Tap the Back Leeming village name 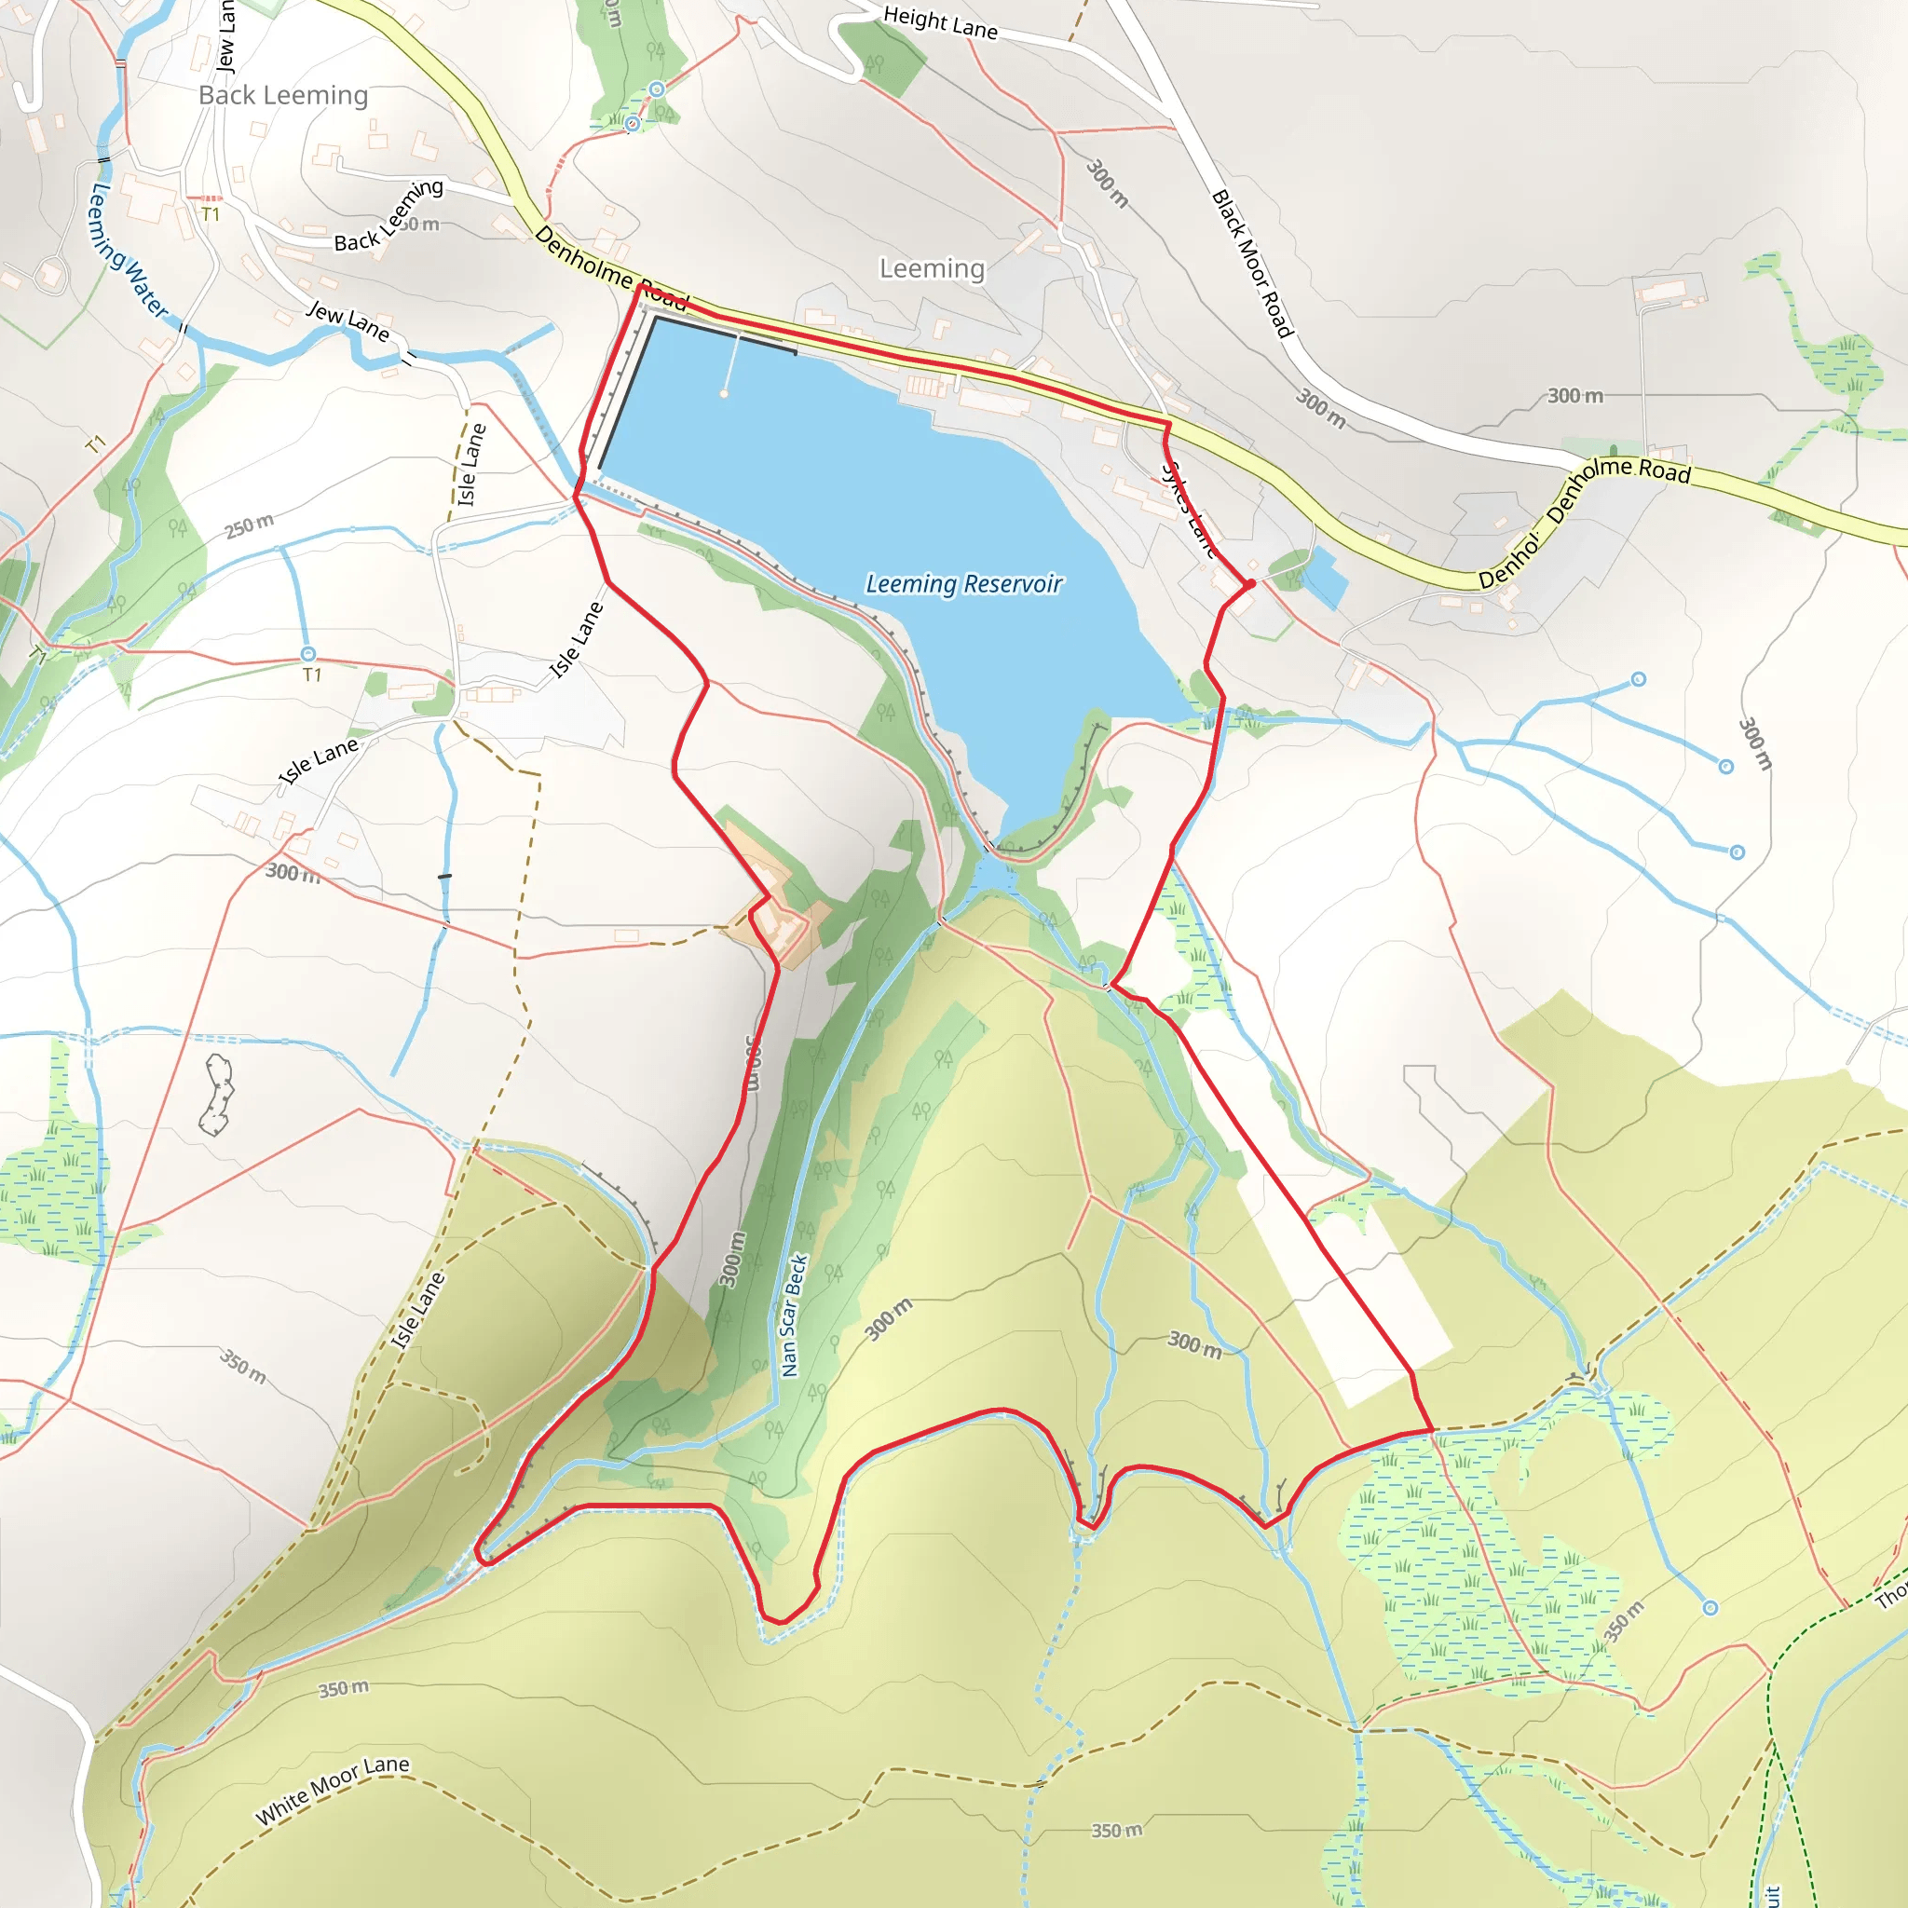(283, 95)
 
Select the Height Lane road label (940, 21)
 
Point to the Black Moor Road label (1251, 264)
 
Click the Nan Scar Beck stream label (794, 1315)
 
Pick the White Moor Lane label (332, 1790)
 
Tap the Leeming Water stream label (129, 251)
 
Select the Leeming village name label (932, 268)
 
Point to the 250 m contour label (249, 525)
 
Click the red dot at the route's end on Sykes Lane (1250, 583)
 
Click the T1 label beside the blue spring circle (312, 675)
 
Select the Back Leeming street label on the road (388, 215)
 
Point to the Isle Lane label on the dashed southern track (417, 1312)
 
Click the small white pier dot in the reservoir (724, 394)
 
